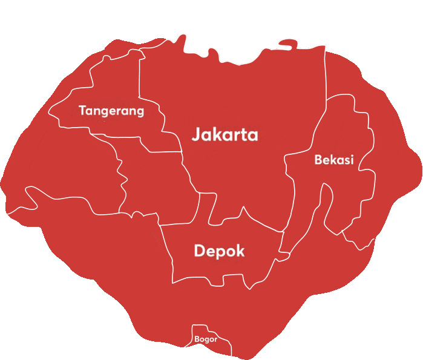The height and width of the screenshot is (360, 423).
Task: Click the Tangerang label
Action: pos(111,111)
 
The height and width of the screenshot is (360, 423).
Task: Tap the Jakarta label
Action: pos(225,134)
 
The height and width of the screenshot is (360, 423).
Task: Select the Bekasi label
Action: pos(334,160)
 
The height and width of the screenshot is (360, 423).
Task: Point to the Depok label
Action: pos(219,250)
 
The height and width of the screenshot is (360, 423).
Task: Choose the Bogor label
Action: pos(206,339)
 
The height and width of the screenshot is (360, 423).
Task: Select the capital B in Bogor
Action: pos(197,339)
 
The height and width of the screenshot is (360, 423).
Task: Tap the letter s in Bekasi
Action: pos(346,160)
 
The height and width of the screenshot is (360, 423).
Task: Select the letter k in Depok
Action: pos(240,250)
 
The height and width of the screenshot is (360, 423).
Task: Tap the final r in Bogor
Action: pos(215,340)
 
